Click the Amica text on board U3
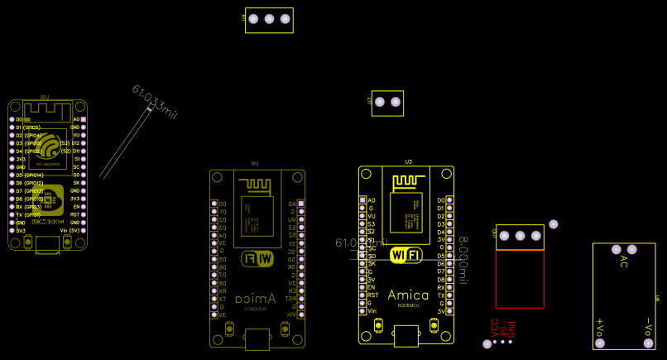[x=407, y=295]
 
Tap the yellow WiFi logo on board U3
[x=406, y=255]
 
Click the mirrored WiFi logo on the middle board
[x=257, y=259]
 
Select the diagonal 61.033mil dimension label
[x=154, y=101]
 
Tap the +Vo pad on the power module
[x=600, y=342]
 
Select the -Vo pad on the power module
[x=649, y=342]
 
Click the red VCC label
[x=495, y=328]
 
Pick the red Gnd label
[x=511, y=329]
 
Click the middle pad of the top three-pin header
[x=269, y=19]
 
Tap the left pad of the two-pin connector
[x=380, y=102]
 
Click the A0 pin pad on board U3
[x=362, y=199]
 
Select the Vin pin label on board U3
[x=372, y=310]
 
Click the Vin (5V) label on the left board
[x=70, y=230]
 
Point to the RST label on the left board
[x=75, y=214]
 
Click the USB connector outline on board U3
[x=406, y=334]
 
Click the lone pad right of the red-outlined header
[x=554, y=224]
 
